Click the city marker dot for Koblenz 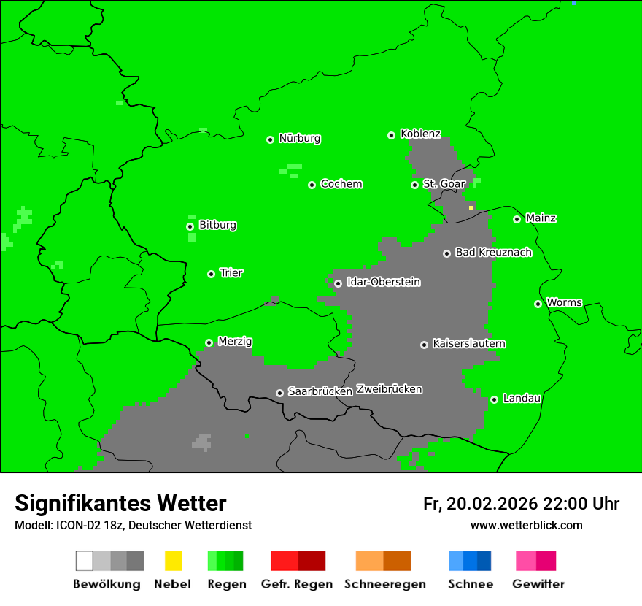pyautogui.click(x=391, y=135)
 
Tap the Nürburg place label pyautogui.click(x=300, y=138)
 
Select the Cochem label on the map pyautogui.click(x=341, y=184)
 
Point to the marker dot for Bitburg pyautogui.click(x=190, y=226)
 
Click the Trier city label pyautogui.click(x=231, y=273)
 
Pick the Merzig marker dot pyautogui.click(x=209, y=342)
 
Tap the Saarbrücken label pyautogui.click(x=320, y=391)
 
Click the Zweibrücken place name pyautogui.click(x=389, y=389)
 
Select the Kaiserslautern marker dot pyautogui.click(x=424, y=345)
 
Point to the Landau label pyautogui.click(x=522, y=399)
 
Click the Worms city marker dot pyautogui.click(x=538, y=304)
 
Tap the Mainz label pyautogui.click(x=541, y=218)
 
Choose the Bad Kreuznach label pyautogui.click(x=493, y=253)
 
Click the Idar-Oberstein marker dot pyautogui.click(x=338, y=283)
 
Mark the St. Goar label pyautogui.click(x=444, y=184)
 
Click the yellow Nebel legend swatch pyautogui.click(x=173, y=561)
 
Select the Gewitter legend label pyautogui.click(x=538, y=584)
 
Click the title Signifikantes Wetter pyautogui.click(x=120, y=503)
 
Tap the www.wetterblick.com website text pyautogui.click(x=526, y=525)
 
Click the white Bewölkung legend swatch pyautogui.click(x=85, y=561)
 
